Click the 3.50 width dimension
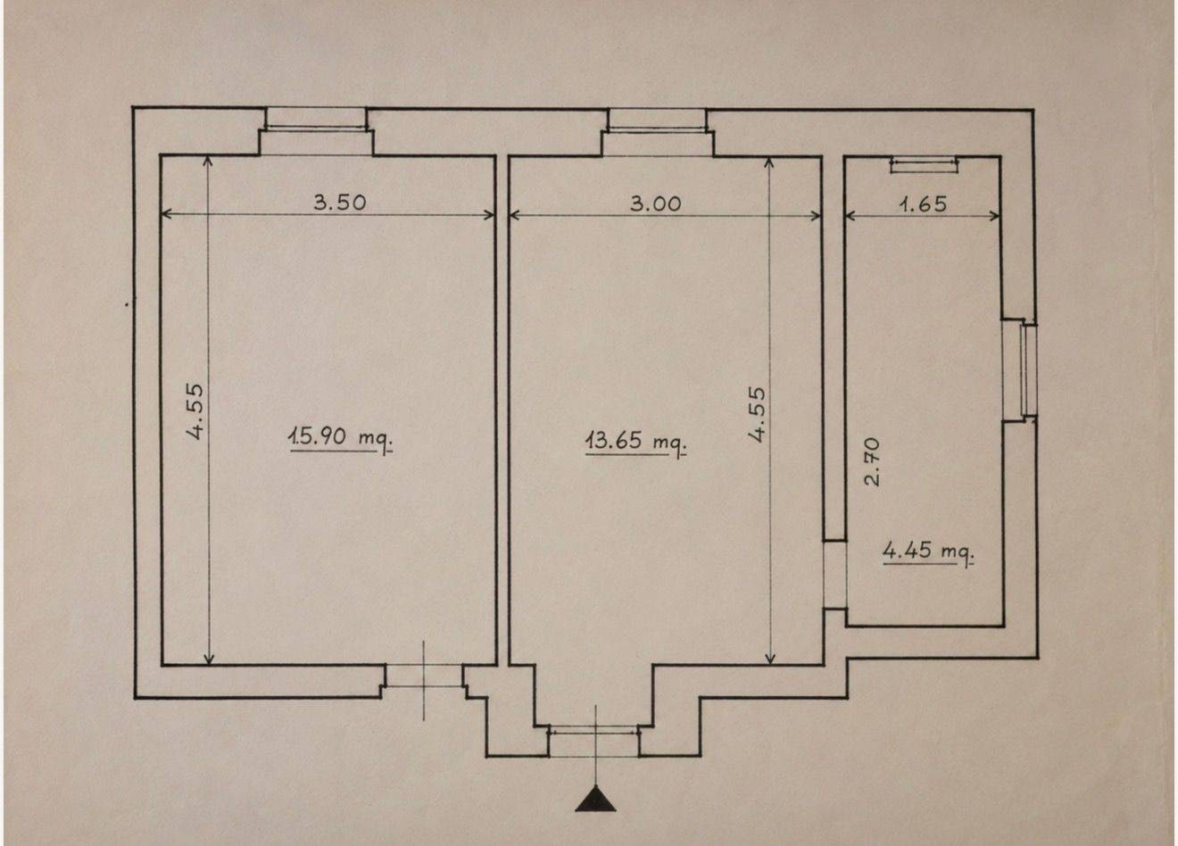point(340,203)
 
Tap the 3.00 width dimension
point(655,203)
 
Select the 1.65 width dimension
point(923,204)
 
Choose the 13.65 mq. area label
point(635,441)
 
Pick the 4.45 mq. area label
point(928,552)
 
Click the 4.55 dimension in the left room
point(195,411)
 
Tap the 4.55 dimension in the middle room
point(758,414)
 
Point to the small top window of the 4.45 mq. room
point(924,164)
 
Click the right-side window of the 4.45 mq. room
point(1027,370)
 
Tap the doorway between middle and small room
point(834,575)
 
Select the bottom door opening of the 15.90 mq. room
point(424,676)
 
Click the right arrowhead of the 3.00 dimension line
point(817,216)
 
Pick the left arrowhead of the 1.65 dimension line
point(850,216)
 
